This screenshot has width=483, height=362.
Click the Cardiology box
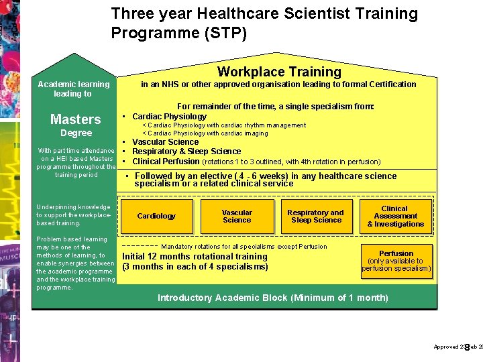(x=156, y=216)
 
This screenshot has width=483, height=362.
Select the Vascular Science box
(x=237, y=216)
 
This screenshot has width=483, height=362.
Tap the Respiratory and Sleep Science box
(x=315, y=216)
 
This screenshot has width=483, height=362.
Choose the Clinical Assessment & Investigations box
(x=395, y=216)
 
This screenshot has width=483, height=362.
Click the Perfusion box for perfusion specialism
(x=396, y=261)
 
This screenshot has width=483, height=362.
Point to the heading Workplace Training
(x=279, y=72)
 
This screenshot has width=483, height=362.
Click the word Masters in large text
(x=76, y=119)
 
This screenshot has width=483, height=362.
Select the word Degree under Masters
(x=76, y=133)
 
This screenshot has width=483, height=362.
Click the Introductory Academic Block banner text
(x=272, y=298)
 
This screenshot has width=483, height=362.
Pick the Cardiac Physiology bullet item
(x=169, y=116)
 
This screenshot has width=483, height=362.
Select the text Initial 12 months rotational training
(x=195, y=256)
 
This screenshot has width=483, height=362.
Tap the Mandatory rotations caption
(x=244, y=247)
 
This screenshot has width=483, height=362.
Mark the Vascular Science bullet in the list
(x=165, y=142)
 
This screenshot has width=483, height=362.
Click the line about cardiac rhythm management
(x=224, y=125)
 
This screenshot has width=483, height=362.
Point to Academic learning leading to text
(x=73, y=88)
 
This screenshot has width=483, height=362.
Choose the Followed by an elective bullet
(x=265, y=180)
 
